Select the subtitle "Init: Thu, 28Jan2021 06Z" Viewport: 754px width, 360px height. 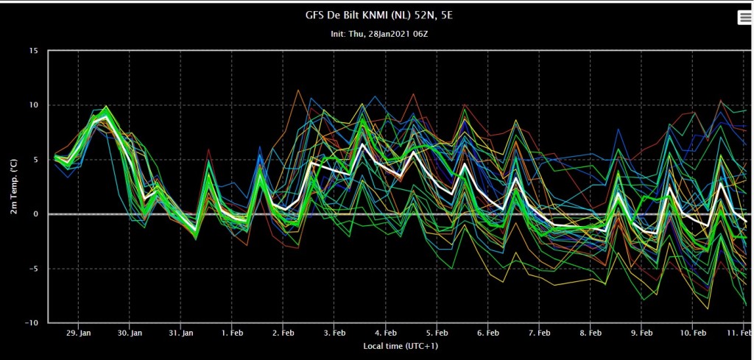tap(379, 35)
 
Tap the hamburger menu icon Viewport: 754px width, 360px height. tap(745, 18)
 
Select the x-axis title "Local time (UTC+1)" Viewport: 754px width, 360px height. tap(401, 346)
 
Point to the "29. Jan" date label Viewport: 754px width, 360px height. tap(78, 333)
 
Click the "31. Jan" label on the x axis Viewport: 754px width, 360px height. tap(181, 333)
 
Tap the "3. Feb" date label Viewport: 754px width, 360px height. tap(334, 333)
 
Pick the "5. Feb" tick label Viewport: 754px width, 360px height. tap(437, 333)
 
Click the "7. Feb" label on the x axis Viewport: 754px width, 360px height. tap(540, 333)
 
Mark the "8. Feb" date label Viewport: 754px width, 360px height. tap(591, 333)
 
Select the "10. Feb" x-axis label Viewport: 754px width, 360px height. tap(693, 333)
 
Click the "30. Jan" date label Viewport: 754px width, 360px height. tap(130, 333)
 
